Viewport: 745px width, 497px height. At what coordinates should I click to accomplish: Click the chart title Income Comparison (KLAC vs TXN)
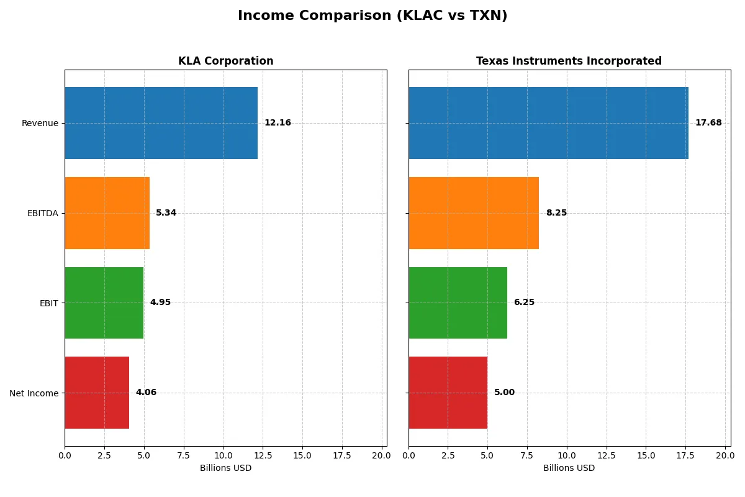coord(372,16)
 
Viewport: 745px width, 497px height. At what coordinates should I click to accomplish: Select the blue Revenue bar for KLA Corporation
coord(161,123)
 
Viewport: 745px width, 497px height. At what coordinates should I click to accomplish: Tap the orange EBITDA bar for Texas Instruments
coord(473,213)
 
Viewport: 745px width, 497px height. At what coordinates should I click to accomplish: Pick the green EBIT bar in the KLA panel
coord(104,303)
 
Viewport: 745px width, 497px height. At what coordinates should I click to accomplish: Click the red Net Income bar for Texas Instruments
coord(448,393)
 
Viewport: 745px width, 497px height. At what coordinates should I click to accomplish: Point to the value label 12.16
coord(278,123)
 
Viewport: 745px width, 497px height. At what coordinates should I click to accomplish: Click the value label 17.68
coord(708,123)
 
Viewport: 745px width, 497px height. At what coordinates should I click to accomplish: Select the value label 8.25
coord(556,213)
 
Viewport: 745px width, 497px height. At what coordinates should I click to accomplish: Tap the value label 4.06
coord(146,393)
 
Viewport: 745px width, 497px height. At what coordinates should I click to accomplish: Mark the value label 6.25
coord(524,303)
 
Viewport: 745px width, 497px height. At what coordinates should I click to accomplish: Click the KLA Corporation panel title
coord(225,61)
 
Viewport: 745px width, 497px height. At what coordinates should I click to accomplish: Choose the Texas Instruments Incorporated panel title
coord(569,61)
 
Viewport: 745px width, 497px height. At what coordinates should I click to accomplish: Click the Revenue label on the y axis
coord(40,123)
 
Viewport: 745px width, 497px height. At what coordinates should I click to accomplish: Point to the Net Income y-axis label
coord(34,393)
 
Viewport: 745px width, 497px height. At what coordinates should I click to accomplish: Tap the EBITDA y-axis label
coord(42,213)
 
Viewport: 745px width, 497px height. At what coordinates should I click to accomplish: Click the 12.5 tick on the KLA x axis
coord(263,455)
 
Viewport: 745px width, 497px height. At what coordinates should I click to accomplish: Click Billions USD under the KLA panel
coord(225,468)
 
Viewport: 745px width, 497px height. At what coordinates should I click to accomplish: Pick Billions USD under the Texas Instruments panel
coord(569,468)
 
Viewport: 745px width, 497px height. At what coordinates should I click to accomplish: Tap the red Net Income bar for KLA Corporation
coord(97,393)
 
